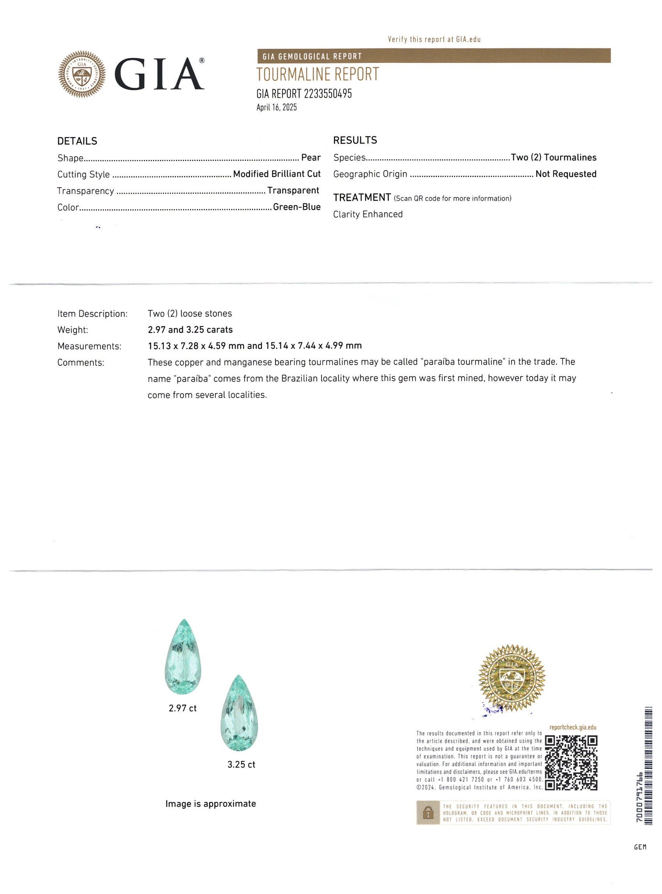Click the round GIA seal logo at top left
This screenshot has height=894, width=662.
[x=82, y=74]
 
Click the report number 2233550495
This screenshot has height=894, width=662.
[x=327, y=94]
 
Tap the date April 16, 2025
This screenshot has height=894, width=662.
[x=276, y=107]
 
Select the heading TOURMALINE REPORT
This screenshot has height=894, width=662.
[x=317, y=74]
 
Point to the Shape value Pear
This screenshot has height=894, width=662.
[x=311, y=157]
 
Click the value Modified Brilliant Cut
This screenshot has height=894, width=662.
[x=276, y=174]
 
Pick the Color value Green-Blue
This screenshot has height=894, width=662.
[x=297, y=207]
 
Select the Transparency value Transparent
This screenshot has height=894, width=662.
[x=293, y=190]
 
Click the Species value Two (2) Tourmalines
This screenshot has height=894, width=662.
[x=553, y=157]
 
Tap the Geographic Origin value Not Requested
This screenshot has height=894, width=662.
[x=565, y=174]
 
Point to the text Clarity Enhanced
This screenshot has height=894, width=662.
[x=368, y=215]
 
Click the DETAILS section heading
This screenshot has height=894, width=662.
[x=77, y=141]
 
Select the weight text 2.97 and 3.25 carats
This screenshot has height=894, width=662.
[x=190, y=330]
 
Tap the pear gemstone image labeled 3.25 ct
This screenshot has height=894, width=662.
[x=239, y=713]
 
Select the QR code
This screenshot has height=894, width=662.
[x=571, y=763]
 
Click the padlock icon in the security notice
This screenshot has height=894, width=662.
[x=428, y=813]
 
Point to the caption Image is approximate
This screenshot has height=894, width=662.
[x=210, y=804]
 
